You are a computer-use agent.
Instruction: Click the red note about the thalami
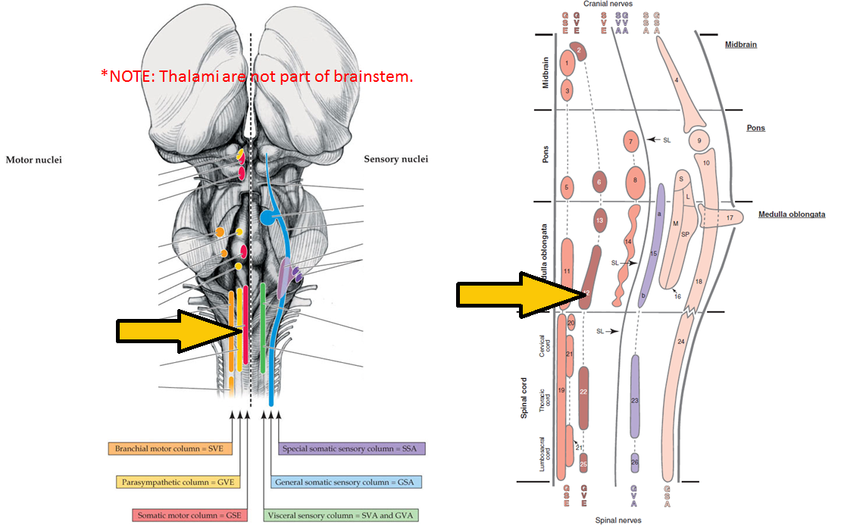click(x=257, y=76)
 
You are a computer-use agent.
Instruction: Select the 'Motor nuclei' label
click(x=34, y=160)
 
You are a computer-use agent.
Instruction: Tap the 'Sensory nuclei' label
click(x=395, y=159)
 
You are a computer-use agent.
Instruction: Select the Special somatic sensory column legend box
click(x=352, y=448)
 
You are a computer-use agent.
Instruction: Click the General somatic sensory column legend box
click(x=345, y=482)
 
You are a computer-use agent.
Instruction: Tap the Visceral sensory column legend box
click(x=342, y=515)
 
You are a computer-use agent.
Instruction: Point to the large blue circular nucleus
click(x=267, y=218)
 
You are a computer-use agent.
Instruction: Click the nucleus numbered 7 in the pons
click(x=630, y=141)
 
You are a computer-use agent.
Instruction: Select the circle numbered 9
click(x=699, y=141)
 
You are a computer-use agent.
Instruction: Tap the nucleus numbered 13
click(x=600, y=220)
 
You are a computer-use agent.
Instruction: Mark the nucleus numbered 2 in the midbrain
click(x=579, y=52)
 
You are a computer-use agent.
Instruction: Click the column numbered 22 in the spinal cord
click(x=583, y=398)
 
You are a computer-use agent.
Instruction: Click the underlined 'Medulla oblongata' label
click(x=792, y=214)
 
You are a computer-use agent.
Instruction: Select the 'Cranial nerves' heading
click(x=608, y=5)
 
